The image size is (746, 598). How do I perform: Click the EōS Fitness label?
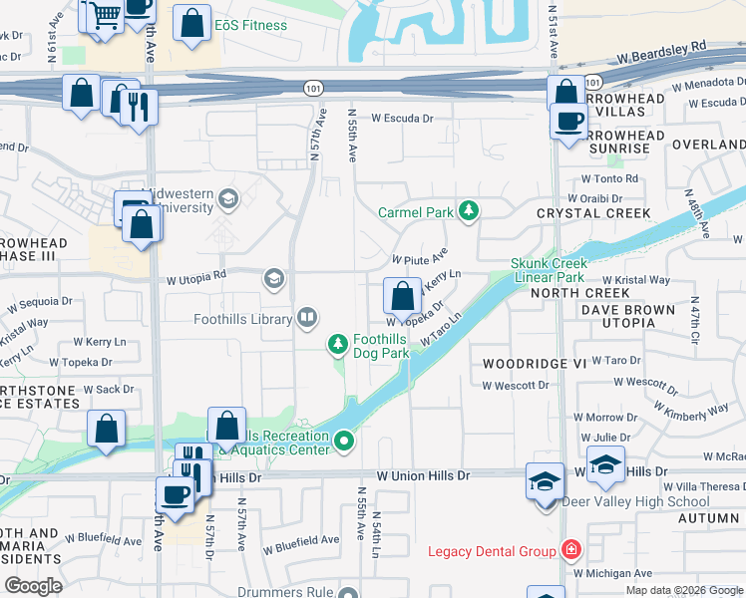(251, 25)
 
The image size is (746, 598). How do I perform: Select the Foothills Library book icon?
(307, 319)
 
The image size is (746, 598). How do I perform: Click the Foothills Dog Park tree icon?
(338, 345)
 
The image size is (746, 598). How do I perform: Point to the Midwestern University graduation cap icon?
(228, 198)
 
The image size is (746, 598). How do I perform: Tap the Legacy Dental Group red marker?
(570, 550)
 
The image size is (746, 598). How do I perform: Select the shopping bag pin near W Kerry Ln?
(402, 296)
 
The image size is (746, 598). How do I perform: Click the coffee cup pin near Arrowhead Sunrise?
(569, 122)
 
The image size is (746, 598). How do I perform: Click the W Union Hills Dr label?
(422, 476)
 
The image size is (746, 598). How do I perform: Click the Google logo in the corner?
(33, 586)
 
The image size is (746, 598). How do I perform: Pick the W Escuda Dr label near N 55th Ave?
(403, 118)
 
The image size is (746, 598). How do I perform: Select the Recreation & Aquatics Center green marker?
(345, 440)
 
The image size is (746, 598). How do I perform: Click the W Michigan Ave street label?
(612, 573)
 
